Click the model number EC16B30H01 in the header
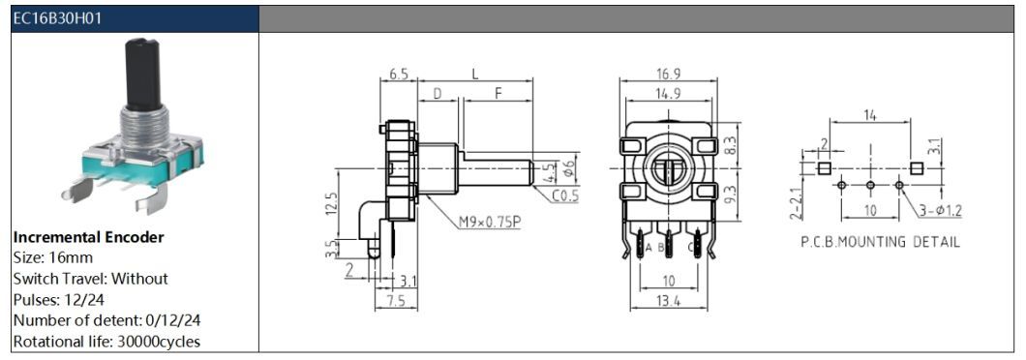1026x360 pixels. tap(56, 19)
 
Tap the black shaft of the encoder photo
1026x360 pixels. tap(143, 74)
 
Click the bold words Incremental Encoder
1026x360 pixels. tap(88, 237)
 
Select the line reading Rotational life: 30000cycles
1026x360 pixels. tap(106, 341)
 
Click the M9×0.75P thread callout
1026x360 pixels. tap(490, 223)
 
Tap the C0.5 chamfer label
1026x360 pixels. tap(565, 195)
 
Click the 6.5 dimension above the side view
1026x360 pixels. tap(399, 74)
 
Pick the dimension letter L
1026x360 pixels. tap(475, 74)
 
